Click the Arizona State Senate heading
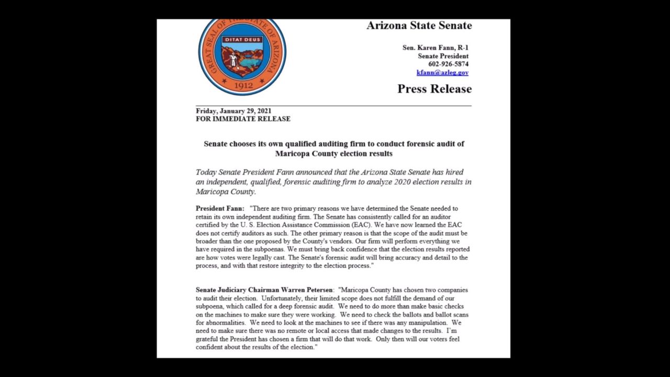pos(419,26)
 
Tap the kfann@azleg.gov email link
pos(442,73)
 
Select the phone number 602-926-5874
pos(448,64)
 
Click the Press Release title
pos(434,89)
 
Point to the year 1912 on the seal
pos(243,85)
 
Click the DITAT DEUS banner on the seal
pos(242,39)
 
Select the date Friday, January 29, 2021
pos(233,111)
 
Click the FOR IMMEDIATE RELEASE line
pos(243,119)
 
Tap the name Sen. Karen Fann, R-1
pos(435,48)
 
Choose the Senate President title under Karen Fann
pos(443,56)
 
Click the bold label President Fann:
pos(220,208)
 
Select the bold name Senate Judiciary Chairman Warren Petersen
pos(264,290)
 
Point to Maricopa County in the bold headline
pos(306,154)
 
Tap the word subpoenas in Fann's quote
pos(266,250)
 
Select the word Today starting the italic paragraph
pos(206,172)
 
